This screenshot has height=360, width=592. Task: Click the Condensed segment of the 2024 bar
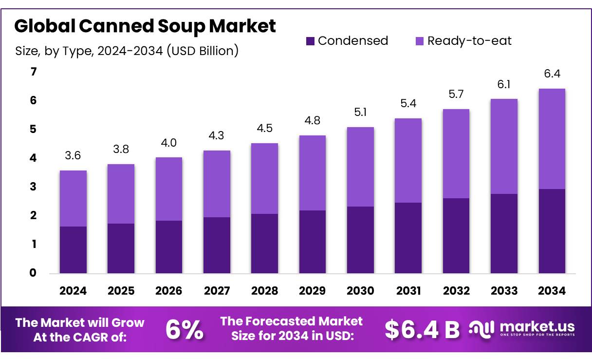pyautogui.click(x=73, y=249)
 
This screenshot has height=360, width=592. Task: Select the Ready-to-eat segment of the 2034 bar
pyautogui.click(x=552, y=139)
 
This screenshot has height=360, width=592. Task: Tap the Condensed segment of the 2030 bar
pyautogui.click(x=360, y=240)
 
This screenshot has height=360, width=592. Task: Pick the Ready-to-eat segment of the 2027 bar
pyautogui.click(x=217, y=184)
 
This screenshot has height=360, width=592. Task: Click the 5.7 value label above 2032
pyautogui.click(x=456, y=94)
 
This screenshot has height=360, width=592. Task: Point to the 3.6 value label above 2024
pyautogui.click(x=73, y=155)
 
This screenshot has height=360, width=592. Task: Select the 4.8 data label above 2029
pyautogui.click(x=313, y=120)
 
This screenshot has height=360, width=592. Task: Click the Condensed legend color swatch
pyautogui.click(x=311, y=41)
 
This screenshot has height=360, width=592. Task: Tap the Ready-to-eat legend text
pyautogui.click(x=469, y=41)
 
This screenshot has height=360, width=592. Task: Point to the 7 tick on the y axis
pyautogui.click(x=34, y=72)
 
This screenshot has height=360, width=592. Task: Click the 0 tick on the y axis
pyautogui.click(x=34, y=273)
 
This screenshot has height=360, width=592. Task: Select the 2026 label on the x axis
pyautogui.click(x=168, y=291)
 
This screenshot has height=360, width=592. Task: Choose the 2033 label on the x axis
pyautogui.click(x=504, y=291)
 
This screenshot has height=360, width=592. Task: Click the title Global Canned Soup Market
pyautogui.click(x=145, y=26)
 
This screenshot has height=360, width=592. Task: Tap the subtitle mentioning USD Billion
pyautogui.click(x=127, y=51)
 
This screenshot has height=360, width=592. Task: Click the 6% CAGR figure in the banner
pyautogui.click(x=185, y=330)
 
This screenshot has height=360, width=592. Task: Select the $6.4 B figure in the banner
pyautogui.click(x=422, y=330)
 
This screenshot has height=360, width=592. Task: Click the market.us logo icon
pyautogui.click(x=481, y=328)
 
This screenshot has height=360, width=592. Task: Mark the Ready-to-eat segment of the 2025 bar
pyautogui.click(x=121, y=194)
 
